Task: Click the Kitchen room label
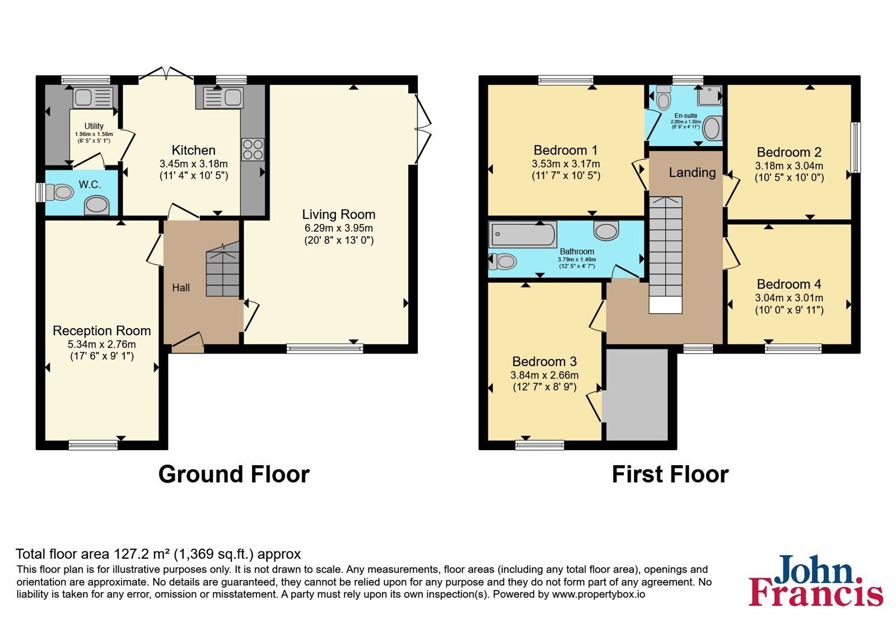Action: tap(194, 151)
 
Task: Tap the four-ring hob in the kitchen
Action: tap(253, 149)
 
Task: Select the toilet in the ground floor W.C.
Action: tap(59, 193)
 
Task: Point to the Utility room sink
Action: tap(93, 97)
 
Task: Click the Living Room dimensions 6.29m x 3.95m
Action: tap(339, 228)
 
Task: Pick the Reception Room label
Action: tap(102, 331)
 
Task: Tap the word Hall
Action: tap(181, 288)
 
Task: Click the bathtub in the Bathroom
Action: tap(522, 235)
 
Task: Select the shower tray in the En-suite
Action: tap(710, 96)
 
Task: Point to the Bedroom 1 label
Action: tap(566, 151)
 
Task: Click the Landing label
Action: tap(692, 172)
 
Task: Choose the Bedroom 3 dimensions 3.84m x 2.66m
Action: tap(544, 375)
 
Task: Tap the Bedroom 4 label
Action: tap(789, 284)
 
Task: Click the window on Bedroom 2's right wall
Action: tap(856, 147)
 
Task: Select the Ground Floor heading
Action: tap(234, 474)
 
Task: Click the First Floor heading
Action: tap(670, 474)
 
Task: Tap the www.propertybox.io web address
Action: tap(599, 594)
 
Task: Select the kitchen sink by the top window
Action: tap(223, 98)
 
